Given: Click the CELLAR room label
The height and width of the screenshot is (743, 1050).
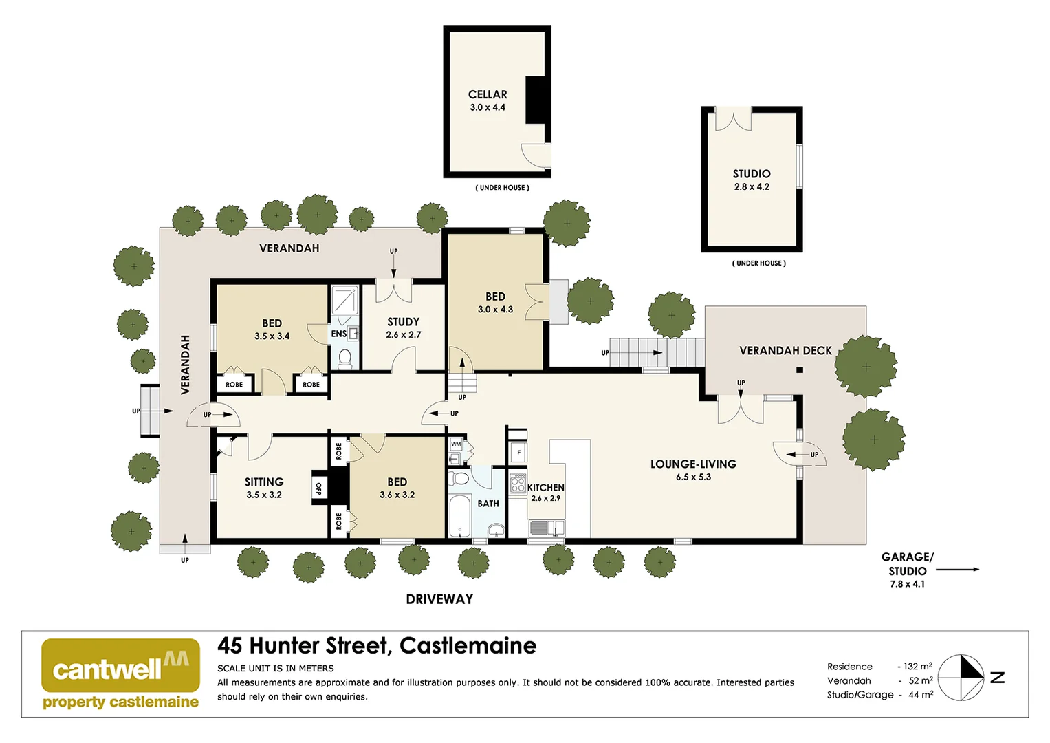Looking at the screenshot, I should pyautogui.click(x=488, y=95).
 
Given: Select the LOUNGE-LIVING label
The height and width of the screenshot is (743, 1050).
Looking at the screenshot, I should pyautogui.click(x=693, y=464).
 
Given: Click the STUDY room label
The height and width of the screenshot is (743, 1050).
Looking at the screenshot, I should pyautogui.click(x=403, y=322).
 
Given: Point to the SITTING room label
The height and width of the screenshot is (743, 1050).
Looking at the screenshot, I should pyautogui.click(x=264, y=482).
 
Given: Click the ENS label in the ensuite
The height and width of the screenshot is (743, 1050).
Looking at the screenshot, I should pyautogui.click(x=338, y=334).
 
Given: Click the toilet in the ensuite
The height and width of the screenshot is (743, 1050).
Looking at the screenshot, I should pyautogui.click(x=344, y=358).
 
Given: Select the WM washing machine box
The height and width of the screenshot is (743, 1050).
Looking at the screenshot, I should pyautogui.click(x=456, y=445).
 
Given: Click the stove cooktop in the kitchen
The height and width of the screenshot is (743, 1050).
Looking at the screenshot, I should pyautogui.click(x=518, y=484).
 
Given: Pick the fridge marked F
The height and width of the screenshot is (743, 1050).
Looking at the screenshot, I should pyautogui.click(x=518, y=453).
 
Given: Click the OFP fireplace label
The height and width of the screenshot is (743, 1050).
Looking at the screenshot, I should pyautogui.click(x=319, y=488).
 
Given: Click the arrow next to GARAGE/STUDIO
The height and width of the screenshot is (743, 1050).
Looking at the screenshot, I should pyautogui.click(x=957, y=570).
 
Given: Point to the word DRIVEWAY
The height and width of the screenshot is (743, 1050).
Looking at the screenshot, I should pyautogui.click(x=439, y=599).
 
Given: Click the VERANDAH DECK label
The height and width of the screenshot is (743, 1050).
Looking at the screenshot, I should pyautogui.click(x=785, y=351).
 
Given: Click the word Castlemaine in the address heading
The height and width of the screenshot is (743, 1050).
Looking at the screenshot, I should pyautogui.click(x=468, y=646).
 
